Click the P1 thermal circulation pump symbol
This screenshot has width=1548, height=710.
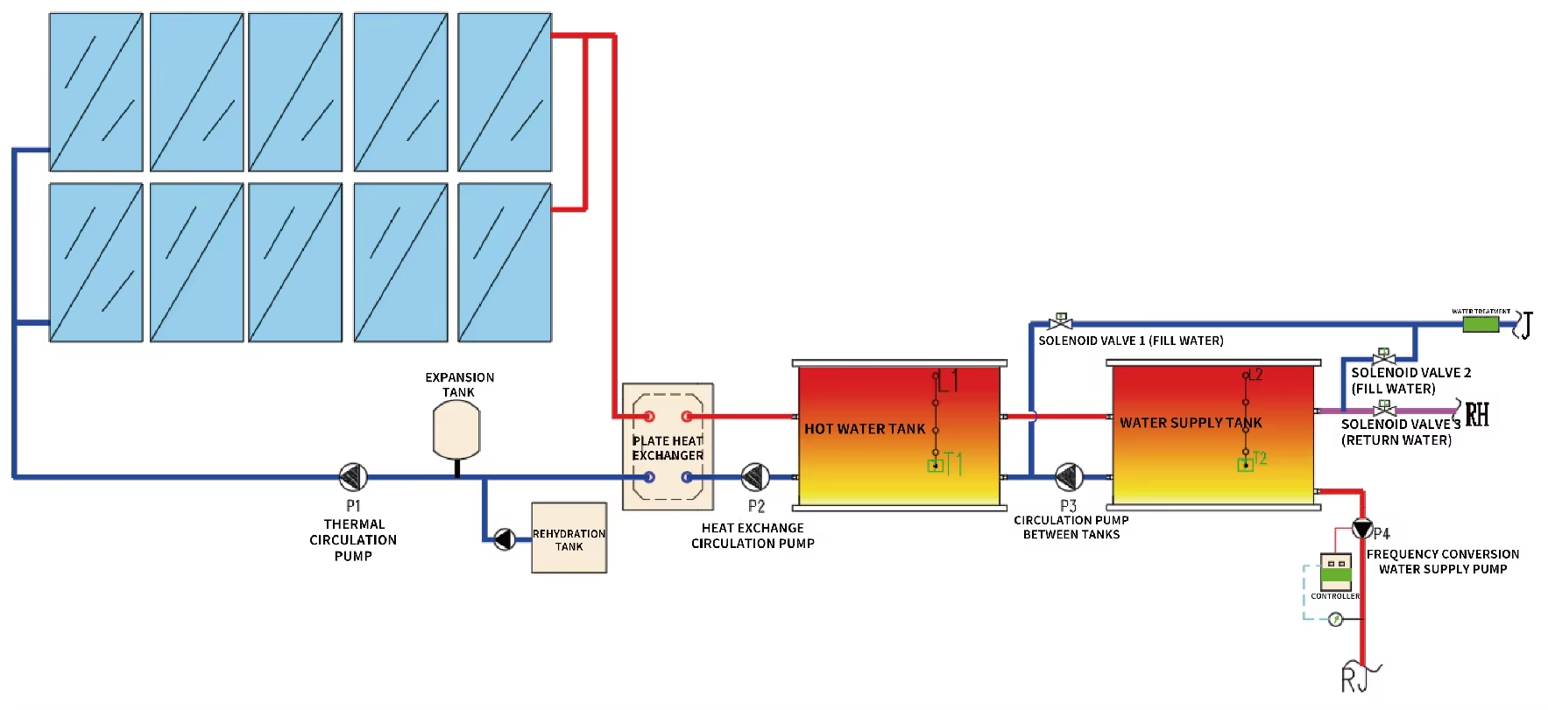pyautogui.click(x=353, y=477)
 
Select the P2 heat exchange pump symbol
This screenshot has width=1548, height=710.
pyautogui.click(x=755, y=477)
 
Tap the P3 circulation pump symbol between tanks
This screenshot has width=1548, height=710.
pyautogui.click(x=1069, y=477)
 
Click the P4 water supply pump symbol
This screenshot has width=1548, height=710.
pyautogui.click(x=1362, y=528)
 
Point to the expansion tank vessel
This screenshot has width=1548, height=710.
pyautogui.click(x=456, y=429)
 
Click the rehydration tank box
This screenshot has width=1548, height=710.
pyautogui.click(x=569, y=538)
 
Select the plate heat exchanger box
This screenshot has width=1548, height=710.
pyautogui.click(x=668, y=447)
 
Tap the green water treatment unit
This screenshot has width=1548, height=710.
pyautogui.click(x=1481, y=324)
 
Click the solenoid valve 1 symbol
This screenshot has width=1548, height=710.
pyautogui.click(x=1060, y=322)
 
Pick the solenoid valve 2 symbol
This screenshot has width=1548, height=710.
pyautogui.click(x=1383, y=357)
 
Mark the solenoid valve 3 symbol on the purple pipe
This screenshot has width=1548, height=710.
pyautogui.click(x=1384, y=409)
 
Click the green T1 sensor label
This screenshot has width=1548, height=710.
pyautogui.click(x=953, y=464)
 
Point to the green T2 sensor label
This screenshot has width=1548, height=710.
pyautogui.click(x=1260, y=459)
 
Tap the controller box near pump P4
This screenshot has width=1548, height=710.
pyautogui.click(x=1336, y=573)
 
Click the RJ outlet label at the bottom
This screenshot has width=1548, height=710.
pyautogui.click(x=1354, y=679)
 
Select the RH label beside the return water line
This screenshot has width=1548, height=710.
pyautogui.click(x=1477, y=413)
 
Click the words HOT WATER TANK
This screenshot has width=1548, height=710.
pyautogui.click(x=865, y=429)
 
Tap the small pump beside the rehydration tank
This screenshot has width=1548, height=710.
pyautogui.click(x=504, y=539)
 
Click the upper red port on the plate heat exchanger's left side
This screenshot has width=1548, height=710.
pyautogui.click(x=649, y=417)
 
